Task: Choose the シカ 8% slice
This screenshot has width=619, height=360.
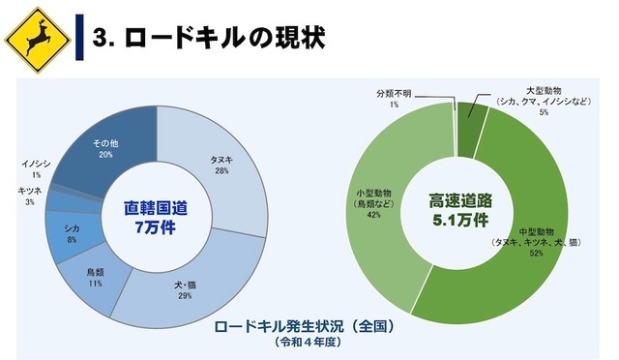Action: [x=72, y=232]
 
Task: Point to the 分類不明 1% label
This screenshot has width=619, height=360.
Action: [x=394, y=98]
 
